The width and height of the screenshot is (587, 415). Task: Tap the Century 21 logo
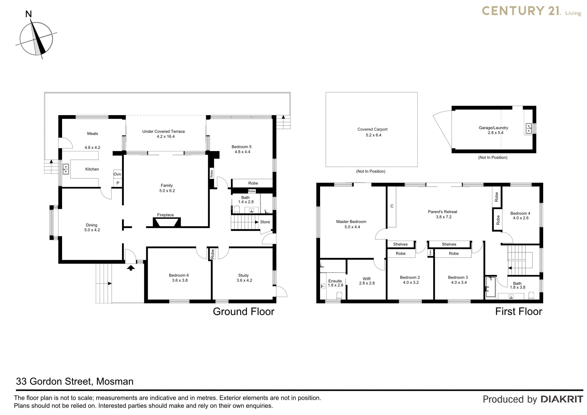tap(531, 11)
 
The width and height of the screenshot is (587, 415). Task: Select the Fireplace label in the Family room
tap(165, 215)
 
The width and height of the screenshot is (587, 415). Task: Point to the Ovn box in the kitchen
tap(117, 174)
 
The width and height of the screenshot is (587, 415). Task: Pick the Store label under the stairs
tap(265, 222)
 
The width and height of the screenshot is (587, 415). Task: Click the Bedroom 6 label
tap(179, 275)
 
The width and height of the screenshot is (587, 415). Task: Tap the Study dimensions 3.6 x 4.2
tap(244, 280)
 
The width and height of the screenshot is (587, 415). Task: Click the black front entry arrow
tap(131, 268)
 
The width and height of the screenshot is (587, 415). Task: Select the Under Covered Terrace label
tap(164, 132)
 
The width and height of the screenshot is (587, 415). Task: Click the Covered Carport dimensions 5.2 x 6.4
tap(373, 135)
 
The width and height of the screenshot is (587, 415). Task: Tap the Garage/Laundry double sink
tap(529, 128)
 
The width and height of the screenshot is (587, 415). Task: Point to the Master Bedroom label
tap(351, 222)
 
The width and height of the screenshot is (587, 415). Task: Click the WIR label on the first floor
tap(367, 279)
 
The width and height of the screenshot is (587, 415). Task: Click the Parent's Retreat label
tap(443, 212)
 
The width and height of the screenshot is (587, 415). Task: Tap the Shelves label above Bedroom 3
tap(449, 244)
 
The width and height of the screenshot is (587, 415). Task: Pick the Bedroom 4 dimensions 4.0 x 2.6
tap(521, 218)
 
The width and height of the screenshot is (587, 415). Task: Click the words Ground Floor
tap(244, 312)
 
